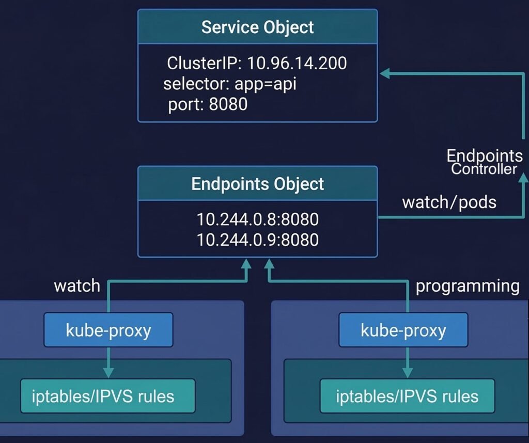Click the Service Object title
(257, 27)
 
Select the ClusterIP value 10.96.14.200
(297, 64)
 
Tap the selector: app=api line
(230, 84)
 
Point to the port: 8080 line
(208, 104)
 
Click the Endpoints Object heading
(257, 184)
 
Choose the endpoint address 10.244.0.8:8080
(257, 219)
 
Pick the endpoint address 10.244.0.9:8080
(257, 240)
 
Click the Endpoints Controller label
(484, 162)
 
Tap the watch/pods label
(449, 202)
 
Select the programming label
(468, 286)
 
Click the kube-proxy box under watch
(108, 330)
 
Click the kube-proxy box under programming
(403, 330)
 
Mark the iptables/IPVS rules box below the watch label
(108, 396)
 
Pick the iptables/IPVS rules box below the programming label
(407, 396)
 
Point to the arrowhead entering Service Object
(384, 74)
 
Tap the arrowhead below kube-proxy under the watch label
(108, 373)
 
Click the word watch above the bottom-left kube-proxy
(77, 286)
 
